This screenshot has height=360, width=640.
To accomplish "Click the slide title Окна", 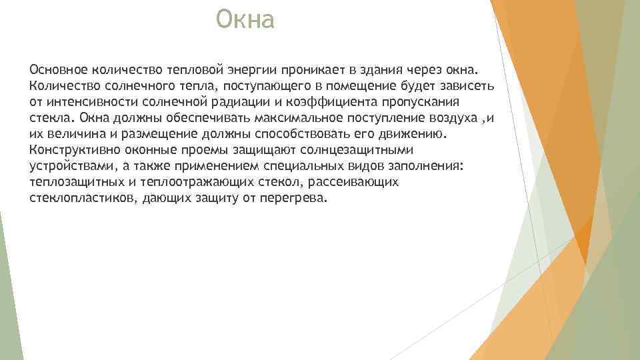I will (x=245, y=21).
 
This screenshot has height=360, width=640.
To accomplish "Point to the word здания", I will (x=376, y=70).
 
